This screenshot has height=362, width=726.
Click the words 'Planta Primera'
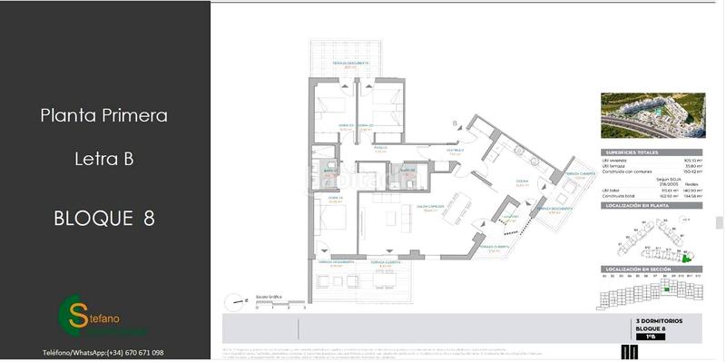(104, 116)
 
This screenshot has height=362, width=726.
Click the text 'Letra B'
(103, 160)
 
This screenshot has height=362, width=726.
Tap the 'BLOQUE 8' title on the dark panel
(103, 218)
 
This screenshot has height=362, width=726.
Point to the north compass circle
(236, 298)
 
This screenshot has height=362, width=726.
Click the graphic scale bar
(280, 302)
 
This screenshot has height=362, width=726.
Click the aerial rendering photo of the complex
(653, 115)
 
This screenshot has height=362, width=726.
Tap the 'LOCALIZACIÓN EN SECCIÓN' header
(638, 270)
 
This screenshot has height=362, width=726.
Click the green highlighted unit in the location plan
(686, 259)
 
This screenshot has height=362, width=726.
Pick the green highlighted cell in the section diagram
(667, 289)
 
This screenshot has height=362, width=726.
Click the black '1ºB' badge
(650, 338)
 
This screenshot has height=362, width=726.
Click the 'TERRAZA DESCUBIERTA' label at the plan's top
(349, 63)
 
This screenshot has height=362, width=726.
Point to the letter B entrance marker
(454, 123)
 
